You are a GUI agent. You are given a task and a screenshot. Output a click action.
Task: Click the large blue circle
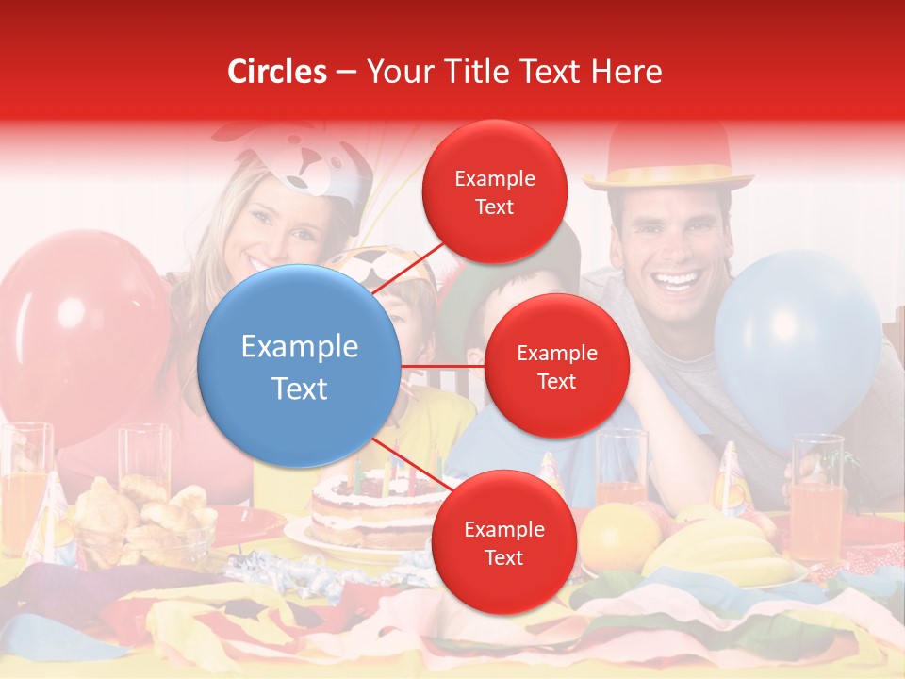coord(299,366)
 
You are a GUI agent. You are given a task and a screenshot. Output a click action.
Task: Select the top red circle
coord(494,191)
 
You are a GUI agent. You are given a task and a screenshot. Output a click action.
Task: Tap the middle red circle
coord(556,366)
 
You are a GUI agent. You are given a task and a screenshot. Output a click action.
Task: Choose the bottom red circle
coord(503,543)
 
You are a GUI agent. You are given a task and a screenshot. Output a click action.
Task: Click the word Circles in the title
coord(276,72)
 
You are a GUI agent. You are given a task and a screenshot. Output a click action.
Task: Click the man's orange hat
coord(667,156)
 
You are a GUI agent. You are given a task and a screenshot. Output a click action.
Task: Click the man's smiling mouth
coord(679,281)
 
